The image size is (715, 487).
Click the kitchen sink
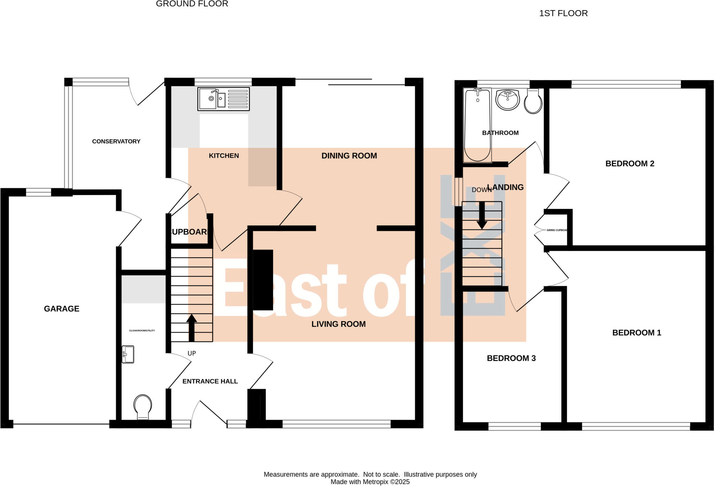tap(223, 99)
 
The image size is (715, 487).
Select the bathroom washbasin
tap(508, 100)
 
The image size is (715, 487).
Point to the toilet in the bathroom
tap(533, 101)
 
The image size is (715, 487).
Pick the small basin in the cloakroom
tap(128, 354)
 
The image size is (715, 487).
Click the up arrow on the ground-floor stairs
tap(191, 328)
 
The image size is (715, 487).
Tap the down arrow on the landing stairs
tap(482, 216)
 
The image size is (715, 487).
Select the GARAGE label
tap(61, 309)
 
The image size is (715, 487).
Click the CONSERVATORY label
tap(116, 141)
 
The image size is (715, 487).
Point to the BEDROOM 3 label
tap(511, 358)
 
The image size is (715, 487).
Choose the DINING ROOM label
tap(349, 156)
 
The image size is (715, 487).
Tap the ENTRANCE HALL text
tap(210, 381)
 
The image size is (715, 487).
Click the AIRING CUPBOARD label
tap(557, 230)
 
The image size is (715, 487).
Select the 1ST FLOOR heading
tap(563, 13)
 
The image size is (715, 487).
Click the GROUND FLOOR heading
tap(192, 4)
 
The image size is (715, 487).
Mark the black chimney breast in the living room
tap(263, 280)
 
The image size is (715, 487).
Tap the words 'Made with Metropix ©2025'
tap(370, 482)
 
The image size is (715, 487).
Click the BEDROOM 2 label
tap(629, 163)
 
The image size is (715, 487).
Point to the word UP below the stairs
tap(192, 353)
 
